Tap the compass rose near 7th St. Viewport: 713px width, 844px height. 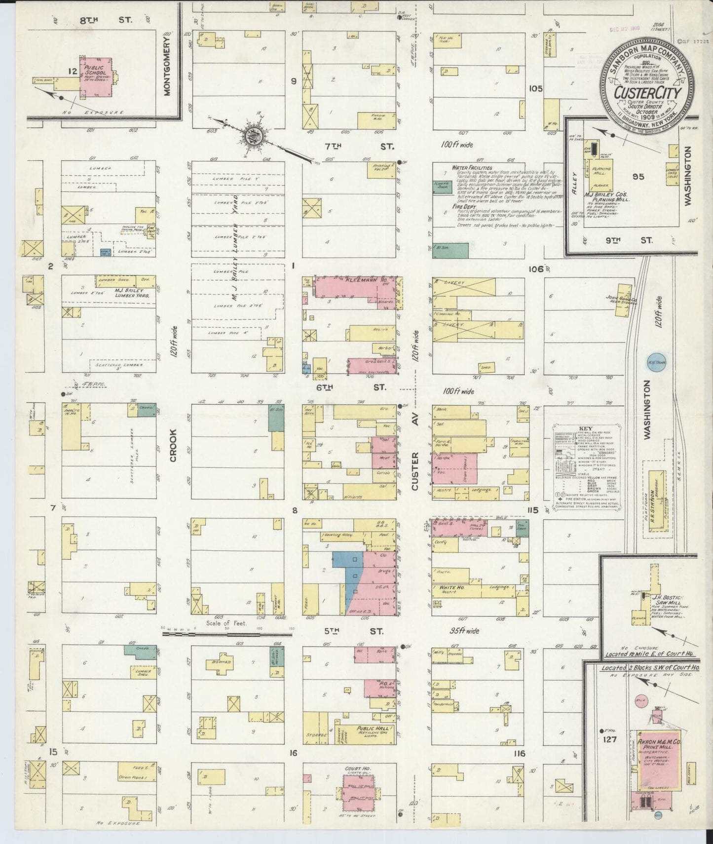pos(255,134)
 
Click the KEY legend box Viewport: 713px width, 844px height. pos(586,465)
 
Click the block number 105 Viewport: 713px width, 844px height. pos(535,89)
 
